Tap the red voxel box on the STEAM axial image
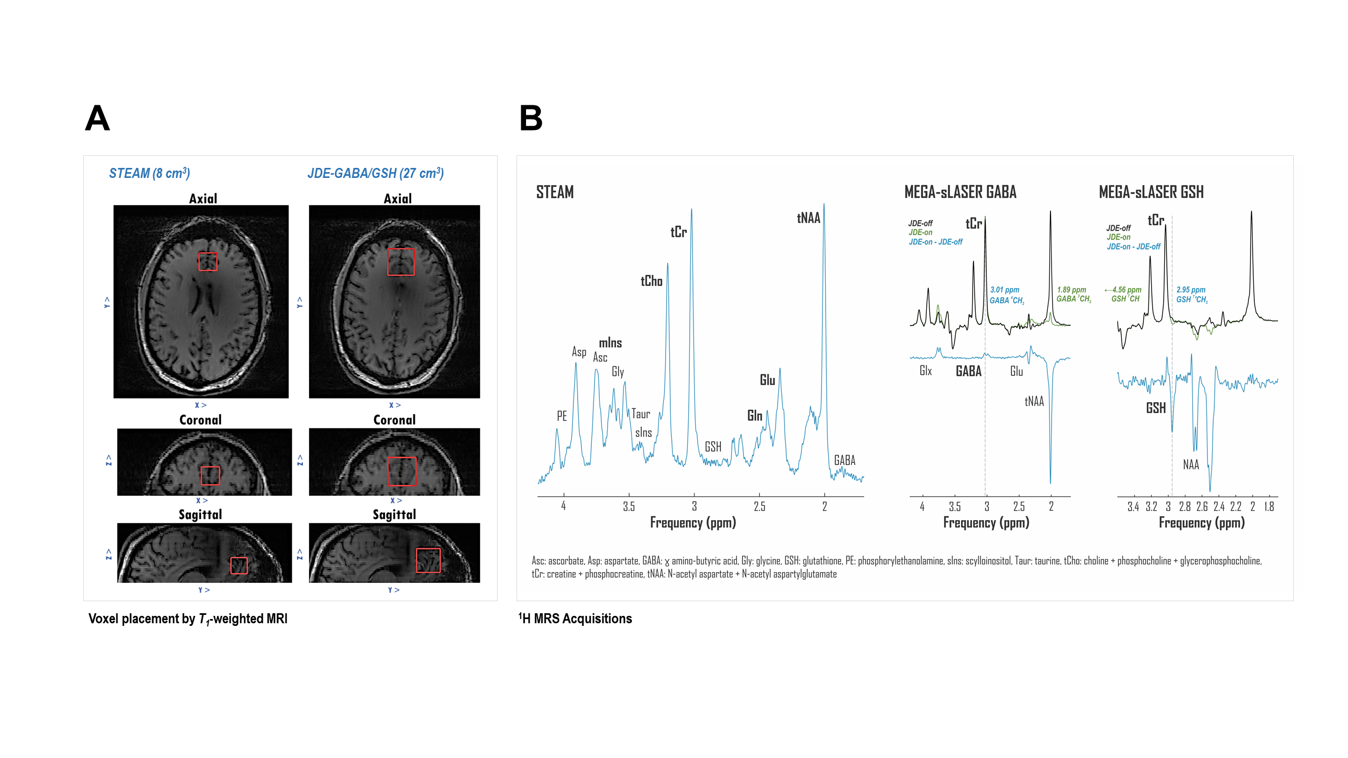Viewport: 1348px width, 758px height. (x=208, y=262)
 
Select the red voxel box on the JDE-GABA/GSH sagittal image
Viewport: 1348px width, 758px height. (x=428, y=560)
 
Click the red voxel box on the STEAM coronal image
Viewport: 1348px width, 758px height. (x=210, y=475)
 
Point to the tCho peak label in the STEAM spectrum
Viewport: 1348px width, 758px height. (x=651, y=281)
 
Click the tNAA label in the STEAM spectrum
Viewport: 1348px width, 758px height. (x=808, y=218)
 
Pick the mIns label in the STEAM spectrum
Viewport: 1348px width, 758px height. (x=610, y=343)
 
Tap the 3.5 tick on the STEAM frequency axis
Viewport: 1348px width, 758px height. (x=629, y=506)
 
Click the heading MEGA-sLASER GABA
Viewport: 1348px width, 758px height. (x=960, y=192)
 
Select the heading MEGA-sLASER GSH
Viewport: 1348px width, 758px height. (x=1151, y=192)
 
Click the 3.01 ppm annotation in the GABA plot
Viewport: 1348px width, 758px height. (x=1005, y=290)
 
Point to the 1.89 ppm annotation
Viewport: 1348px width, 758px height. (x=1072, y=290)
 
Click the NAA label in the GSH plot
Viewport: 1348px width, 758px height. (x=1191, y=464)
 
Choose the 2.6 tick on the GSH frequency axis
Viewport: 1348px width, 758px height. (x=1202, y=506)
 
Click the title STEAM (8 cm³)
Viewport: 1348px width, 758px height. (x=150, y=173)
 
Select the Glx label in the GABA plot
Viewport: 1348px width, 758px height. (x=926, y=371)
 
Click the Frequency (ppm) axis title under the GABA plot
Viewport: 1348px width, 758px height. (x=986, y=523)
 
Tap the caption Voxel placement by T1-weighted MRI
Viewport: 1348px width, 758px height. (x=188, y=619)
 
